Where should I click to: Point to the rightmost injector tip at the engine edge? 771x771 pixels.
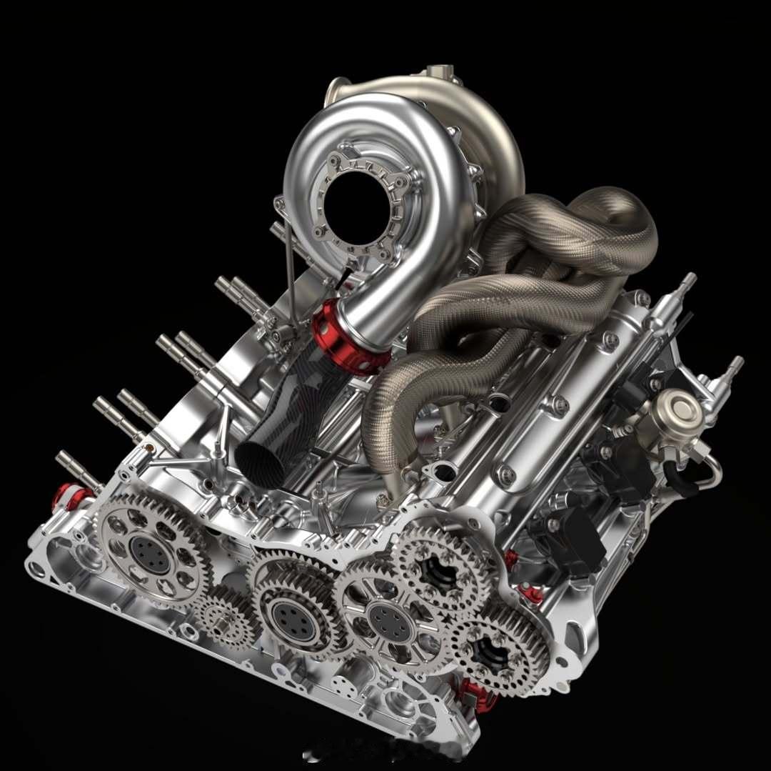(x=732, y=367)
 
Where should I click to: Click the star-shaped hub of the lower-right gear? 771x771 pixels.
(x=493, y=652)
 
